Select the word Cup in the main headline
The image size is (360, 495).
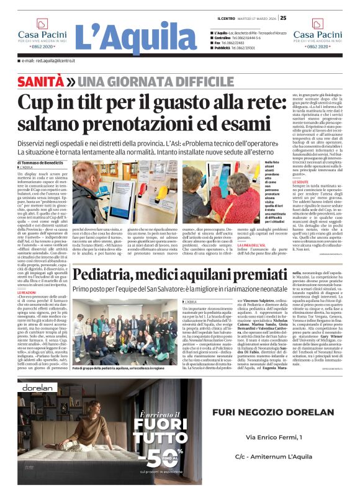[37, 102]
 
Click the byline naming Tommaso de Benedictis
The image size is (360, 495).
[51, 163]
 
